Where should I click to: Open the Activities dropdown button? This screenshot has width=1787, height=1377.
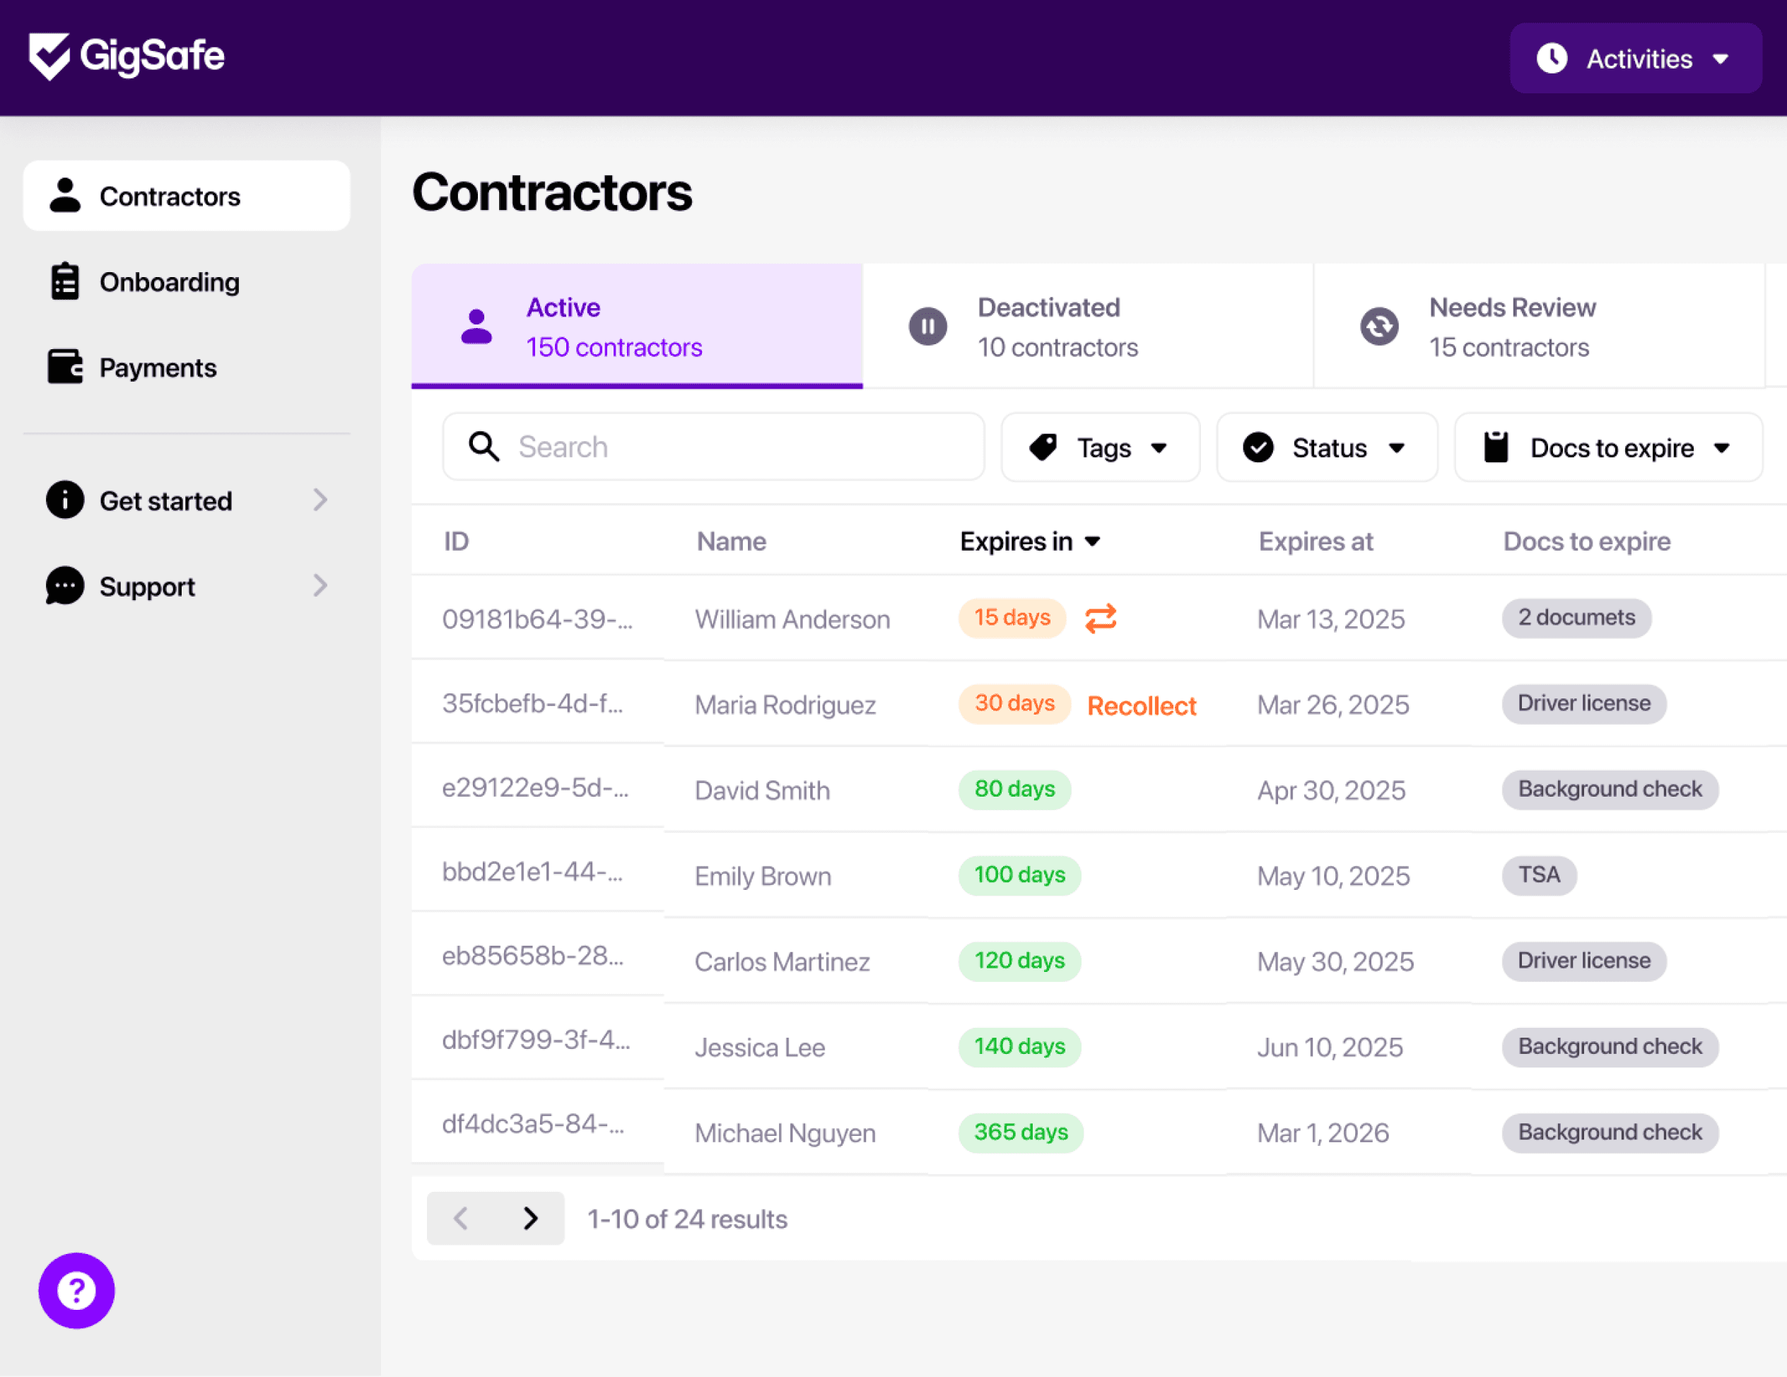(x=1635, y=58)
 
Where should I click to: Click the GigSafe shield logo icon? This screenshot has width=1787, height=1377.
(x=49, y=57)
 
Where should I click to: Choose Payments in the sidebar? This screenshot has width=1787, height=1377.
(x=158, y=368)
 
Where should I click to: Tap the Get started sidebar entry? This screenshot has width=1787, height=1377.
(x=166, y=500)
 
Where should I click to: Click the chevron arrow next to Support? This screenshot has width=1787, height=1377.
(x=321, y=586)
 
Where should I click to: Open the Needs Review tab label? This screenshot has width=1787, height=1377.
(x=1512, y=307)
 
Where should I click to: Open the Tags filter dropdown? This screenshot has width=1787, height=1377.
(x=1101, y=447)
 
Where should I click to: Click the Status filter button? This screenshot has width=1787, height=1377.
(x=1327, y=447)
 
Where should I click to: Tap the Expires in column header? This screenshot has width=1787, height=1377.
(x=1030, y=541)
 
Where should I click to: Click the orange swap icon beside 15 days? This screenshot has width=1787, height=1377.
(x=1101, y=619)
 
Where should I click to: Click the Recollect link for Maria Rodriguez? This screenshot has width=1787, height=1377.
(x=1142, y=705)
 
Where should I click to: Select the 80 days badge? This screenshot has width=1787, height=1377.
(x=1014, y=790)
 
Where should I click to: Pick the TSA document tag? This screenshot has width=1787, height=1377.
(x=1539, y=875)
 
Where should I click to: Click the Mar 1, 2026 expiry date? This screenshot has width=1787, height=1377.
(x=1323, y=1133)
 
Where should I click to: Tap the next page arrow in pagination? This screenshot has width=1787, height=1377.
(x=530, y=1218)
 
